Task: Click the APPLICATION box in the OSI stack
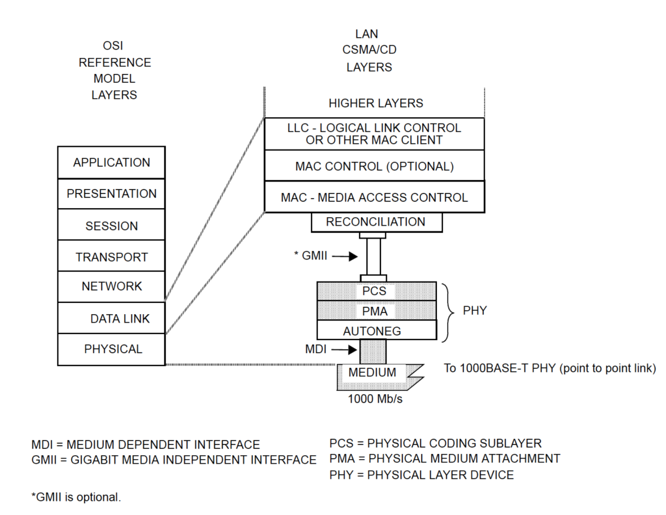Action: point(111,163)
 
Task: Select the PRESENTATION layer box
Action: point(111,194)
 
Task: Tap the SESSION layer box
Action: point(111,226)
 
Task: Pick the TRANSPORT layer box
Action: point(111,257)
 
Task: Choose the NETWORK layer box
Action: point(111,287)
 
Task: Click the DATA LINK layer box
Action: point(111,319)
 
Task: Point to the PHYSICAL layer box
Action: point(111,349)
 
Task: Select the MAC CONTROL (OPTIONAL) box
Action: point(374,166)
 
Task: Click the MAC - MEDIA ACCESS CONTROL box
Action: point(374,197)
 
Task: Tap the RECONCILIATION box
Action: point(376,222)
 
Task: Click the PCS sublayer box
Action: point(375,291)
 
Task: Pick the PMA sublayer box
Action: point(375,311)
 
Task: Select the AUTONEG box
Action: point(375,330)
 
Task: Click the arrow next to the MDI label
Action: point(345,350)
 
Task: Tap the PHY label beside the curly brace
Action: point(475,311)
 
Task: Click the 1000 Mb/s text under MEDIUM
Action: point(375,399)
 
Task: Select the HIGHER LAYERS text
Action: point(375,103)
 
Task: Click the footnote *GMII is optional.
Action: point(76,497)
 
